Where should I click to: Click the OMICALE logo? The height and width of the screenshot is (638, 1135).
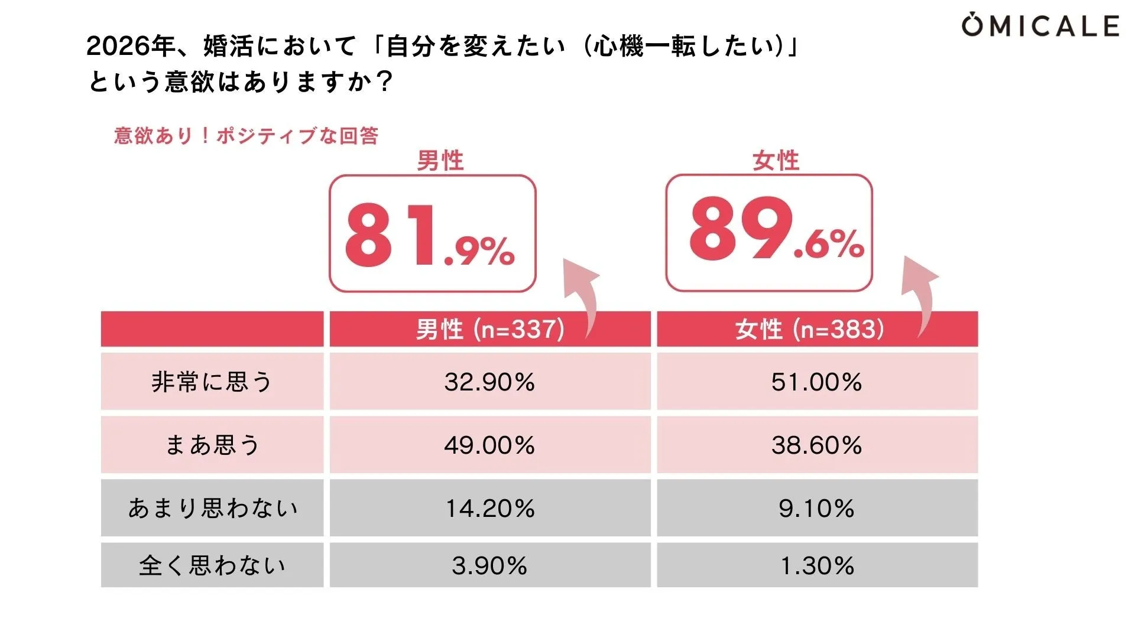pos(1040,26)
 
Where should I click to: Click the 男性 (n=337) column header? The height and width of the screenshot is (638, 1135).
pos(489,329)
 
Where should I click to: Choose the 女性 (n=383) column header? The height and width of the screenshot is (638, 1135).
pos(810,329)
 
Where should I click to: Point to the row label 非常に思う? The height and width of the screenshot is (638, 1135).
pos(212,382)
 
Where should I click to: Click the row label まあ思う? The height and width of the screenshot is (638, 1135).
pos(212,445)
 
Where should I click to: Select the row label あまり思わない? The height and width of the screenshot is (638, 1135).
pos(212,508)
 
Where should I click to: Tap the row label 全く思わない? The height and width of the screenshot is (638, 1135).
pos(212,565)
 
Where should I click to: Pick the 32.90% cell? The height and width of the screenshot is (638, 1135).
pos(489,382)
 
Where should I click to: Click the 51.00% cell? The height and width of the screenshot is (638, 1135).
pos(816,382)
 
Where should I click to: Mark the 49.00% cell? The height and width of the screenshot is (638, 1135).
pos(489,445)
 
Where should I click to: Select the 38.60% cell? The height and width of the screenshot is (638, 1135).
pos(816,445)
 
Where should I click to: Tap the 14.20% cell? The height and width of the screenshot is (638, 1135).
pos(489,508)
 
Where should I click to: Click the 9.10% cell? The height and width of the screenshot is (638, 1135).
pos(816,508)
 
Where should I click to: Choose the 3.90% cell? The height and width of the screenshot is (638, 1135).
pos(489,565)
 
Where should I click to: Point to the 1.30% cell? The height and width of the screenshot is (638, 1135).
pos(816,565)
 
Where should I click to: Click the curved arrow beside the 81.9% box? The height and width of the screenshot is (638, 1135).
pos(582,295)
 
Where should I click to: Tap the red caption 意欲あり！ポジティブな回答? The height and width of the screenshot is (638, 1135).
pos(246,136)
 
